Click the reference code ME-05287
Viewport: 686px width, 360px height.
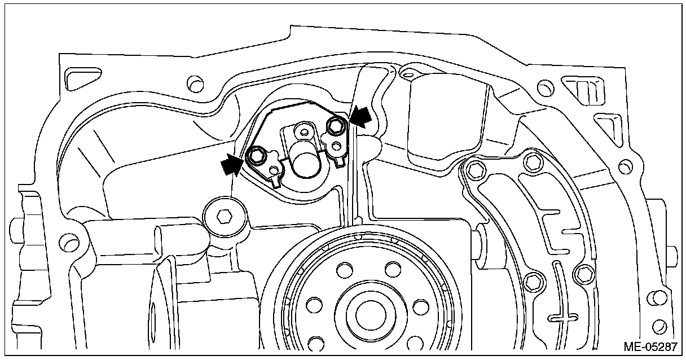tap(649, 345)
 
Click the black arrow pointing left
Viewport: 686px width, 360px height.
tap(361, 116)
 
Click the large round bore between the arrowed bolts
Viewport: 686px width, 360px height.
tap(305, 165)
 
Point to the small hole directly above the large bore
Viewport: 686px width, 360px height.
tap(304, 133)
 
